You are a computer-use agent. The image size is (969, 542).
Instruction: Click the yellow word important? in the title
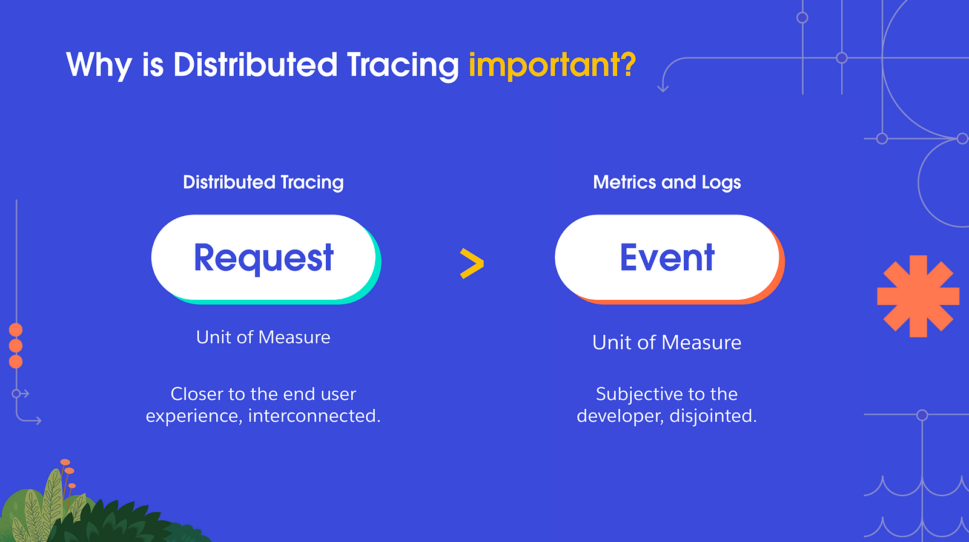[552, 66]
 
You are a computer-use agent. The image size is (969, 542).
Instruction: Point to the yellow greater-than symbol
[472, 263]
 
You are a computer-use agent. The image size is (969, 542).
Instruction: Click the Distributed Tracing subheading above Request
[263, 182]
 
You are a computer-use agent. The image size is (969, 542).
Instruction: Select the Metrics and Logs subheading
[667, 182]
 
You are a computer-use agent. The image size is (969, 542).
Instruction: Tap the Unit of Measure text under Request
[263, 337]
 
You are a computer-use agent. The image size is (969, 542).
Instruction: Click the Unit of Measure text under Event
[667, 342]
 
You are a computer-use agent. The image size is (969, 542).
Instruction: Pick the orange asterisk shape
[918, 296]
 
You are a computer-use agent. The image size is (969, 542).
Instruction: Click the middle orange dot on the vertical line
[16, 346]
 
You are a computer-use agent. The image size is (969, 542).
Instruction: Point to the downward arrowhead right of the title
[663, 88]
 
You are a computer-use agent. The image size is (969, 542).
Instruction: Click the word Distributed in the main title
[255, 65]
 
